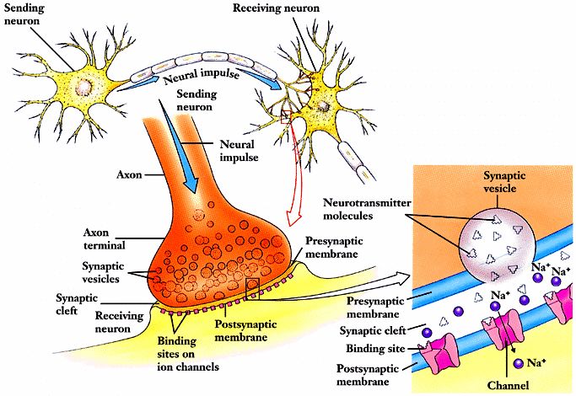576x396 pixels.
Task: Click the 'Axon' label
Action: coord(129,174)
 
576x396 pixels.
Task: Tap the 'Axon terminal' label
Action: coord(104,238)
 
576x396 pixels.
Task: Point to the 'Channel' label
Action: coord(508,385)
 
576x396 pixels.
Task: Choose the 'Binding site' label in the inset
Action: coord(374,348)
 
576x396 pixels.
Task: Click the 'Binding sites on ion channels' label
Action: coord(188,354)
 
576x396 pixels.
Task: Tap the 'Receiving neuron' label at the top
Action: coord(276,8)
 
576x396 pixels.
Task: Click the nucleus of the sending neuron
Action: coord(83,87)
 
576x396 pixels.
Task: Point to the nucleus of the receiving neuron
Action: coord(323,106)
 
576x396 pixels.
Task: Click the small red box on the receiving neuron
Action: coord(286,116)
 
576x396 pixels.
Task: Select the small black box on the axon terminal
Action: coord(253,289)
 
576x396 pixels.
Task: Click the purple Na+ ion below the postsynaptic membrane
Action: coord(519,363)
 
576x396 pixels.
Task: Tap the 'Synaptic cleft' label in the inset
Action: coord(372,330)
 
